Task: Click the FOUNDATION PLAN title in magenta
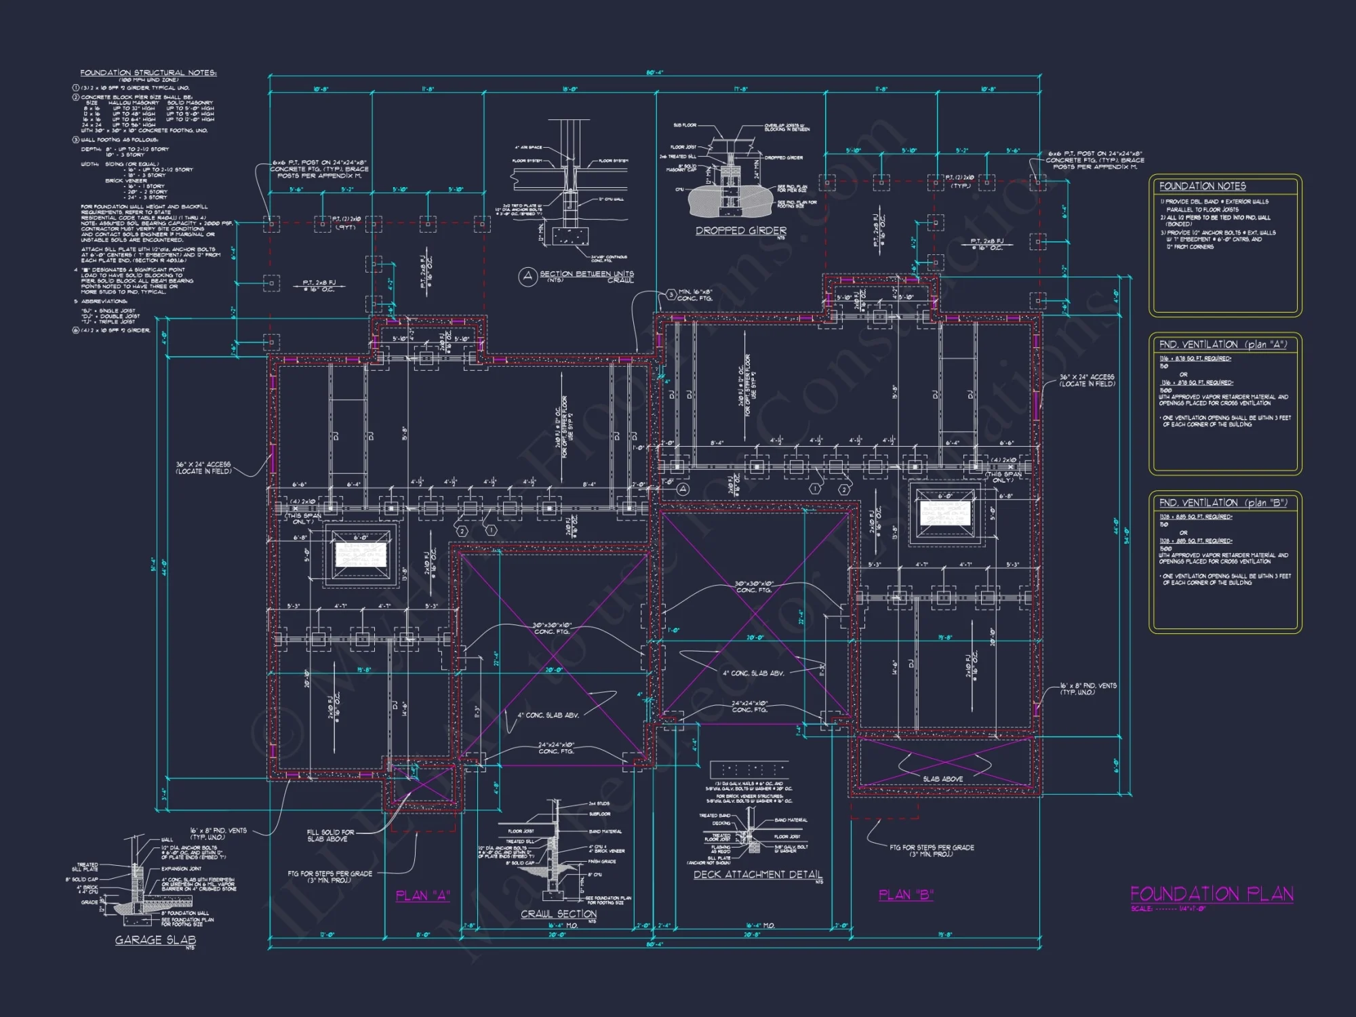point(1211,894)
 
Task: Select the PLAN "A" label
point(422,896)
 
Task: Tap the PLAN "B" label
point(905,895)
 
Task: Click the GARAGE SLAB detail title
point(155,940)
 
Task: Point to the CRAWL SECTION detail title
point(558,914)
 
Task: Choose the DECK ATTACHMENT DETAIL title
point(757,875)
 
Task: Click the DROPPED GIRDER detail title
point(740,231)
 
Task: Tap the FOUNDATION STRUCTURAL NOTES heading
point(148,73)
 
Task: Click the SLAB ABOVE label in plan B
point(942,779)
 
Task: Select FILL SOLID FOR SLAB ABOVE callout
point(330,835)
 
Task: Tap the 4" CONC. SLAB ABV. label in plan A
point(548,715)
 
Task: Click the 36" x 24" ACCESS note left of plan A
point(203,468)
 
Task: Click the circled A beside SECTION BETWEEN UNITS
point(527,276)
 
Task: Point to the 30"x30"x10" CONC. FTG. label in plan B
point(754,586)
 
